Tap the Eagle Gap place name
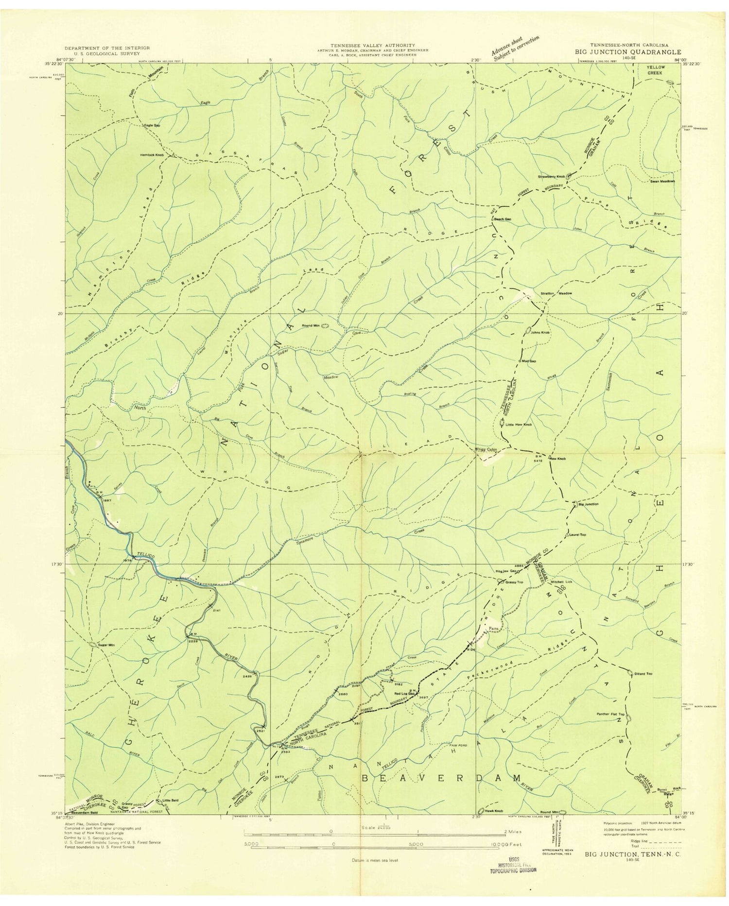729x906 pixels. [152, 125]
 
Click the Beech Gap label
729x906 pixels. [503, 219]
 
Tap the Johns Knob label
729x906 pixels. [540, 333]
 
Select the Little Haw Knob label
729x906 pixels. [519, 425]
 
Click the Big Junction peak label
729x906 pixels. [588, 504]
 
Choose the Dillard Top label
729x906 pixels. [643, 674]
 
